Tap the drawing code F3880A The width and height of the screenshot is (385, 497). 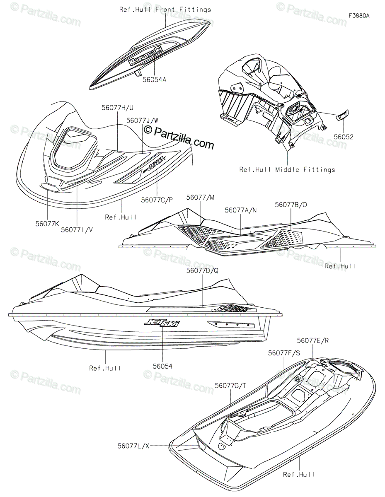pyautogui.click(x=358, y=16)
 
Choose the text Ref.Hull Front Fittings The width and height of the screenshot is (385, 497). pyautogui.click(x=165, y=9)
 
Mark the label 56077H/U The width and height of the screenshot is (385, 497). pyautogui.click(x=117, y=107)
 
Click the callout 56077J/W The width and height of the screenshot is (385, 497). pyautogui.click(x=142, y=121)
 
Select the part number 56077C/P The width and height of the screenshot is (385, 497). pyautogui.click(x=157, y=200)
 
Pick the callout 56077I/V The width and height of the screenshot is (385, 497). pyautogui.click(x=77, y=229)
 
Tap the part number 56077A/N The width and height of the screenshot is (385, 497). pyautogui.click(x=241, y=210)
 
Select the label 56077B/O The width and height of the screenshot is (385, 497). pyautogui.click(x=291, y=204)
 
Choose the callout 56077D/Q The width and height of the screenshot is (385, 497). pyautogui.click(x=202, y=270)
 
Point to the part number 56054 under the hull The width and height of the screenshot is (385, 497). pyautogui.click(x=162, y=366)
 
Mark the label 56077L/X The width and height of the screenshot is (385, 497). pyautogui.click(x=133, y=446)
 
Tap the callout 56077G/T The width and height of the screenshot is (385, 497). pyautogui.click(x=230, y=386)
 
